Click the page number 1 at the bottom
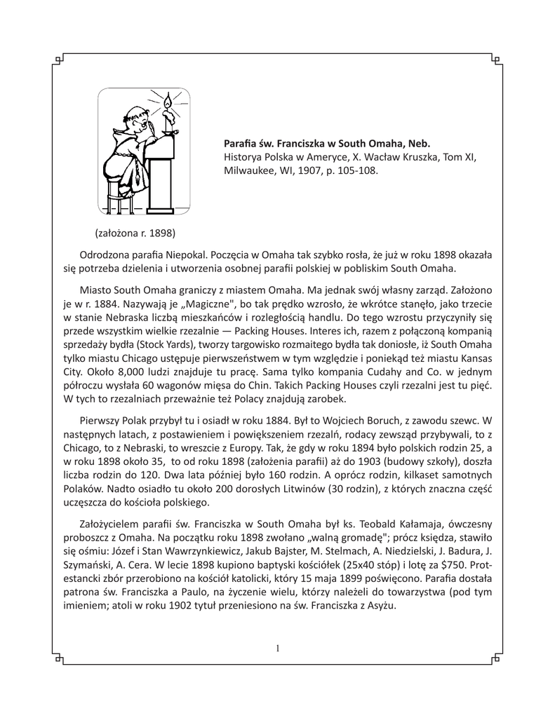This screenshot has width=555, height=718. point(278,649)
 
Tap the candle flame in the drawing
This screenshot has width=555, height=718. point(167,104)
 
